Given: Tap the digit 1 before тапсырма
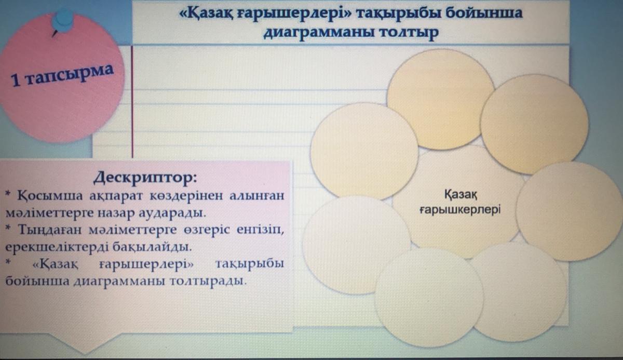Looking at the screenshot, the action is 16,81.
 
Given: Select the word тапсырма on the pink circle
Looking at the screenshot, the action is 70,73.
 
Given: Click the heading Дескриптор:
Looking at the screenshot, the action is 145,177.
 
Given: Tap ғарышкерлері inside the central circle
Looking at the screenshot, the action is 460,209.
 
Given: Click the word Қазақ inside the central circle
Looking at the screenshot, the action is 461,194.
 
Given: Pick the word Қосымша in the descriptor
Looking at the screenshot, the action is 50,195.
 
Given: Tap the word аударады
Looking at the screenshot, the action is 172,213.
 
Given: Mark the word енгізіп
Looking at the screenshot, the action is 260,230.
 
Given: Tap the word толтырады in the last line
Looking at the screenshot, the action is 208,281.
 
